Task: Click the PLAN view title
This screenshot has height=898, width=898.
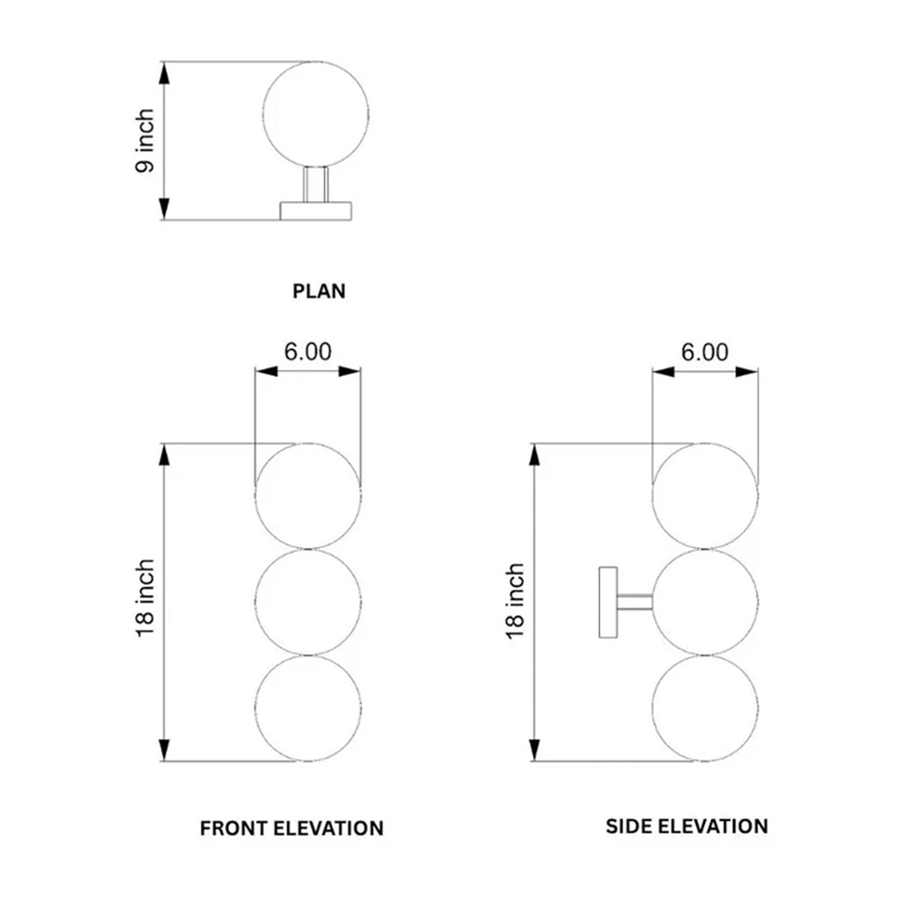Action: pos(319,291)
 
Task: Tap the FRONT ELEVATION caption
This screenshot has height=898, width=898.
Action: pos(292,828)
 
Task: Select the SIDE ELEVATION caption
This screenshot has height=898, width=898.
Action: pos(687,826)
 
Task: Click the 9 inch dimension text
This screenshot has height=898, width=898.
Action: pos(145,140)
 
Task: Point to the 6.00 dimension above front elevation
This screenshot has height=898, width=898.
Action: pos(307,352)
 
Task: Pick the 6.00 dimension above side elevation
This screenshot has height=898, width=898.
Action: pos(704,352)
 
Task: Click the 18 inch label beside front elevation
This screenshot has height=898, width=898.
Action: pos(145,598)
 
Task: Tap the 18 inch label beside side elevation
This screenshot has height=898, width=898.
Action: pos(515,601)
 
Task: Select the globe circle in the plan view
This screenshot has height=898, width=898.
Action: pos(263,115)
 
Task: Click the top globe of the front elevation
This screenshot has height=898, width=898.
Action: pos(255,496)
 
